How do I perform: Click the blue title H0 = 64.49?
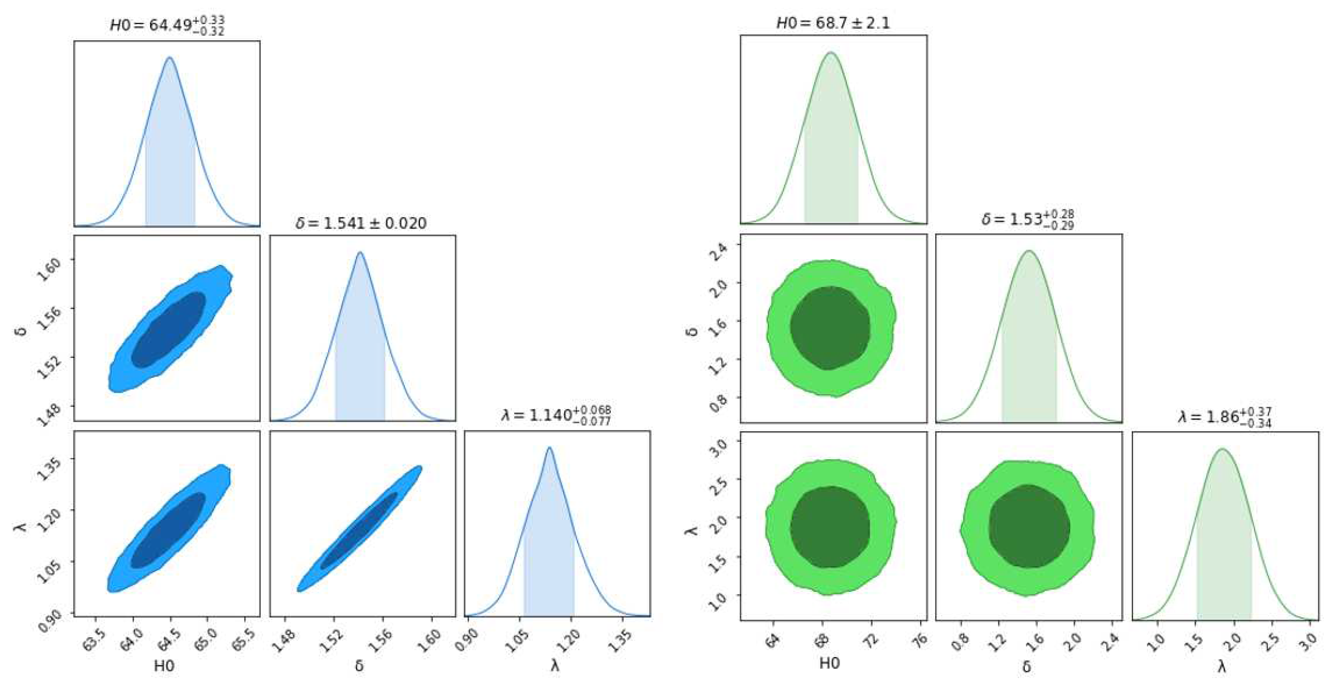pos(167,25)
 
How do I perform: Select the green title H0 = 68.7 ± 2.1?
pos(833,23)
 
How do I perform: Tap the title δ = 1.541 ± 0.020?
pos(361,223)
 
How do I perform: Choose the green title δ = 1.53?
pos(1028,219)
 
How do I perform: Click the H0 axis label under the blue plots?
pos(164,666)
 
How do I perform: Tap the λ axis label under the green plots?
pos(1221,667)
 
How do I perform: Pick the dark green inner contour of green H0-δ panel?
pos(830,328)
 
